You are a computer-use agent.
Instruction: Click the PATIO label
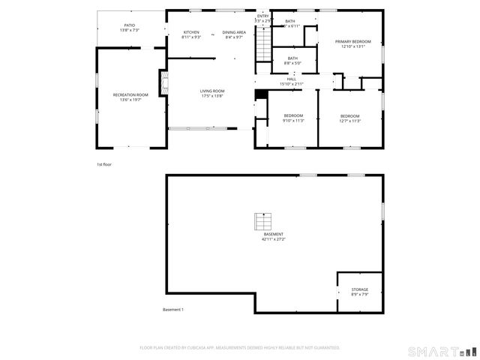click(130, 25)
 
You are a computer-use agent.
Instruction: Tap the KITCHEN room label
click(192, 32)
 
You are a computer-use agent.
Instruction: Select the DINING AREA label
click(234, 32)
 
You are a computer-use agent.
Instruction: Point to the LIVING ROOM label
click(212, 91)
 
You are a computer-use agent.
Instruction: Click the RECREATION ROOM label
click(130, 95)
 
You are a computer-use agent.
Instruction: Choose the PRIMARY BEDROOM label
click(352, 42)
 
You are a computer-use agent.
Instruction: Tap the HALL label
click(292, 79)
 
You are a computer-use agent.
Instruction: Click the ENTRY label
click(262, 16)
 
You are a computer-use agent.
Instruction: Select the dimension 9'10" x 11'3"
click(293, 121)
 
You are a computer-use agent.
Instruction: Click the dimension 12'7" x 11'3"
click(350, 121)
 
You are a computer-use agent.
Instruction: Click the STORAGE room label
click(360, 289)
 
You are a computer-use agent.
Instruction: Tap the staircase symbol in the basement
click(262, 221)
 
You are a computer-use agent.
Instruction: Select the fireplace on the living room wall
click(162, 80)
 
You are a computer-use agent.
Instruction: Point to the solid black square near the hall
click(260, 94)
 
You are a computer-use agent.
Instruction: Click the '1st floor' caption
click(104, 164)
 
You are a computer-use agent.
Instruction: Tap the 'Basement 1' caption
click(173, 310)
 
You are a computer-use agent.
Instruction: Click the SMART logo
click(442, 350)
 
